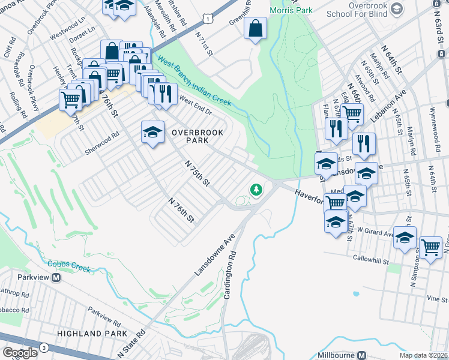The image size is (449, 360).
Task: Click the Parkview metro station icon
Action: click(x=56, y=278)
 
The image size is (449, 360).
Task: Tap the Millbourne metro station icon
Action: click(x=362, y=355)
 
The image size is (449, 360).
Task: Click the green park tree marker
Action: click(x=256, y=190)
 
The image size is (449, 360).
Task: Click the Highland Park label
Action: click(x=92, y=333)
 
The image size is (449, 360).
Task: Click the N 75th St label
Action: click(x=197, y=172)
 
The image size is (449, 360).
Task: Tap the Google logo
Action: click(x=20, y=353)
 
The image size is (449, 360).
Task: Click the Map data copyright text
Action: click(x=424, y=355)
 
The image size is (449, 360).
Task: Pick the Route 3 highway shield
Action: click(x=44, y=347)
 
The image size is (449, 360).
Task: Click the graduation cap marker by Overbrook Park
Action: click(x=152, y=131)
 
